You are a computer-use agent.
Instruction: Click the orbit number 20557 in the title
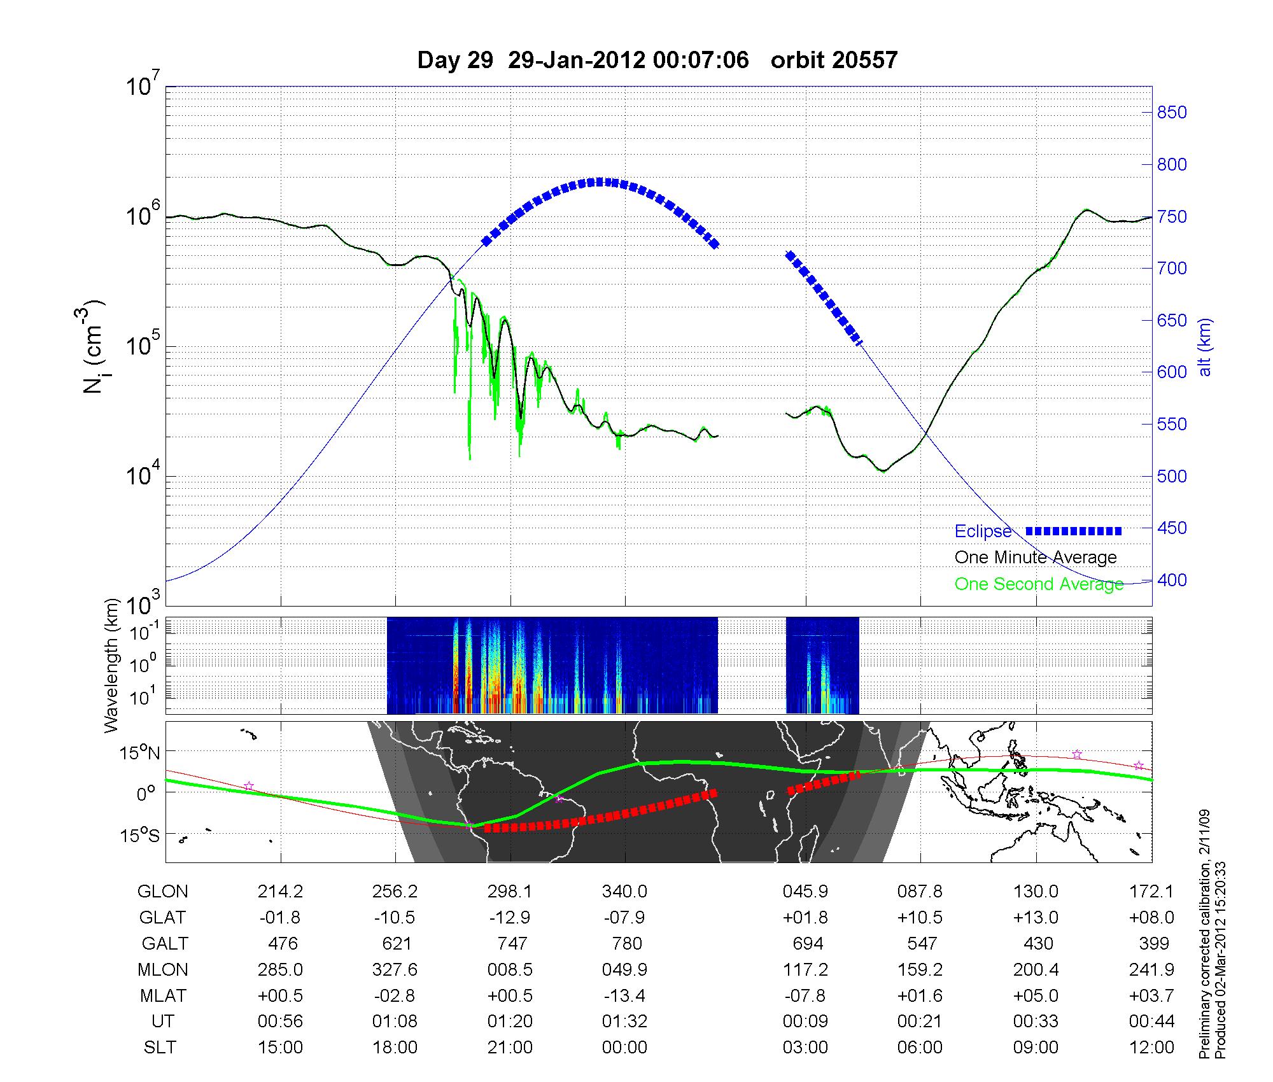[834, 60]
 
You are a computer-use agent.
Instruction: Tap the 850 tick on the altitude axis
[1171, 113]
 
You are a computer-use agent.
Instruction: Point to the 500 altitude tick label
[1171, 476]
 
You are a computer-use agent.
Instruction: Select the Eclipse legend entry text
[983, 531]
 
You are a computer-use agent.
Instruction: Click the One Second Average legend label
[1039, 584]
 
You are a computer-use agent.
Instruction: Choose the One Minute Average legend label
[1036, 558]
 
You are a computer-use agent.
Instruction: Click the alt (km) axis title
[1205, 347]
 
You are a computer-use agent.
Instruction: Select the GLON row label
[162, 892]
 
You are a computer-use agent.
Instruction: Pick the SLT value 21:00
[510, 1047]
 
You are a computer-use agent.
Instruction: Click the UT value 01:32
[624, 1021]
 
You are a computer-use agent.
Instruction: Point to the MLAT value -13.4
[624, 995]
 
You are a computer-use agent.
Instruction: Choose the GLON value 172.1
[1151, 892]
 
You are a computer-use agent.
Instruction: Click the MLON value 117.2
[805, 969]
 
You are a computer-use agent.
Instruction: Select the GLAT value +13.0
[1036, 917]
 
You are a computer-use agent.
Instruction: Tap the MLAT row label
[162, 995]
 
